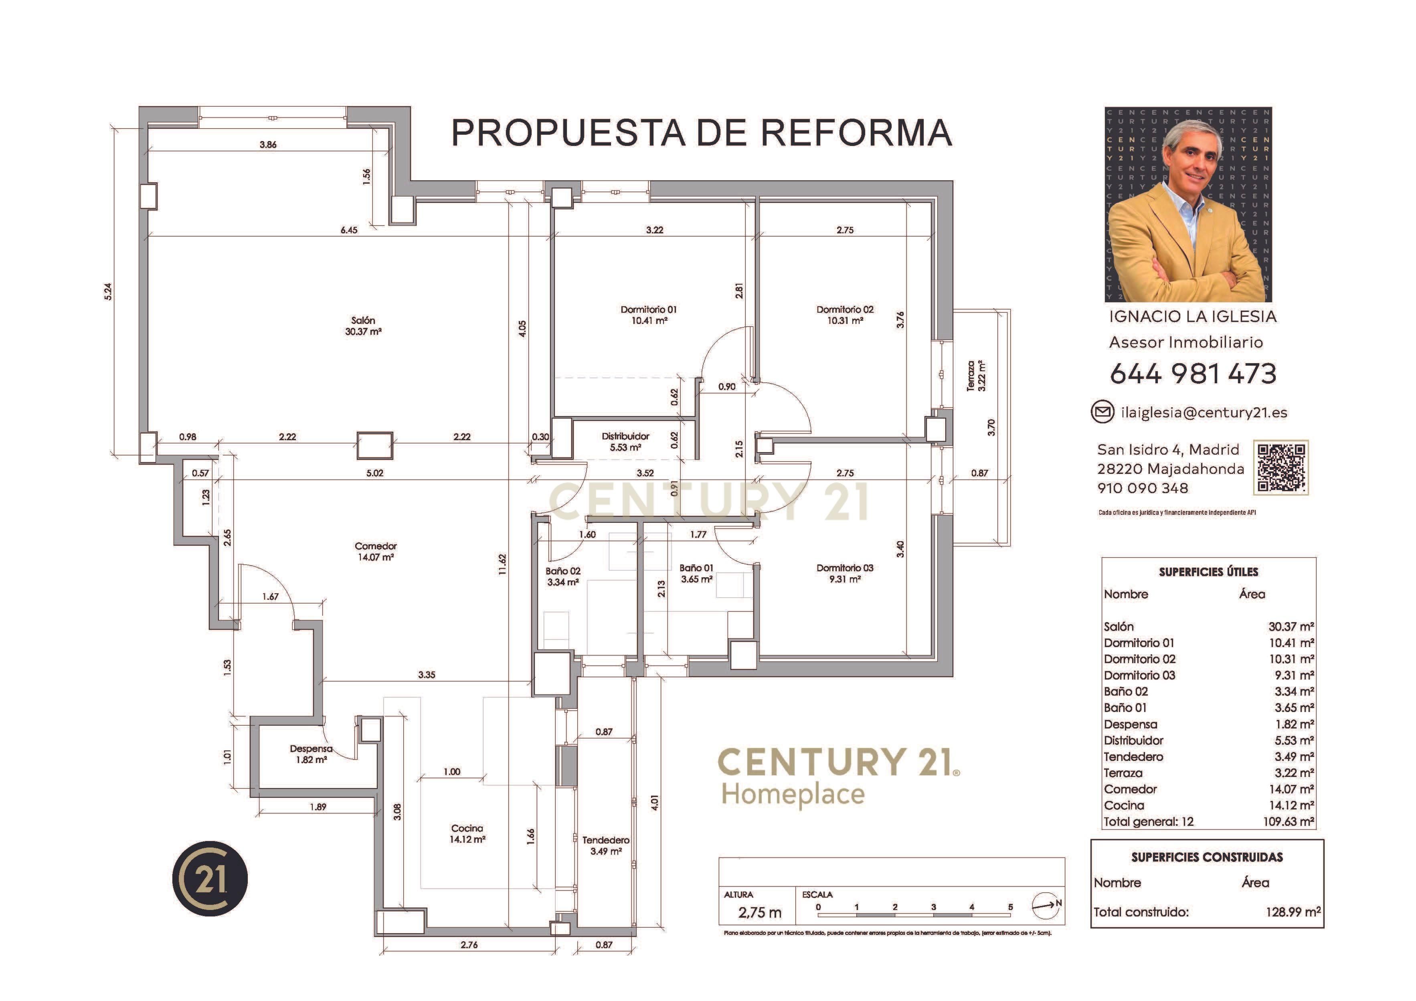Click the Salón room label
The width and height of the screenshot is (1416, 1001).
(x=363, y=321)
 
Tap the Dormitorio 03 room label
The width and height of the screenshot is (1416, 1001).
(x=844, y=568)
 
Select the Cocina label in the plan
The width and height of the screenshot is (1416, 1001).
(x=467, y=828)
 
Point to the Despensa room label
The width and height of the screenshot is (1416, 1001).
(x=311, y=749)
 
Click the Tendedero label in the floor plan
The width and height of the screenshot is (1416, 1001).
(x=606, y=840)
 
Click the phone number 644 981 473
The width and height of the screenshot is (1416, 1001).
(x=1193, y=374)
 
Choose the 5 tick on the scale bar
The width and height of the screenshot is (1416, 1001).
(x=1010, y=907)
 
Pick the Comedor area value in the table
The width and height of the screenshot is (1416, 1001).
(x=1291, y=789)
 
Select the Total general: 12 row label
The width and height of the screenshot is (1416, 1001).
(x=1148, y=821)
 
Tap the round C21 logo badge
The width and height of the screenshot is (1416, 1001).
(x=210, y=878)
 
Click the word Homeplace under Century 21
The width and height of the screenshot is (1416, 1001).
(x=793, y=795)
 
